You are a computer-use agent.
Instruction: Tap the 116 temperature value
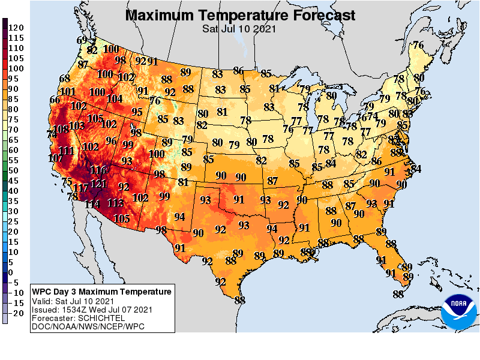pyautogui.click(x=98, y=170)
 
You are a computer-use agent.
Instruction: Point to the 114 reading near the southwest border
pyautogui.click(x=92, y=204)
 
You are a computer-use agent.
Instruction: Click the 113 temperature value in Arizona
pyautogui.click(x=115, y=203)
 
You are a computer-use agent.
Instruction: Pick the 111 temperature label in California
pyautogui.click(x=66, y=151)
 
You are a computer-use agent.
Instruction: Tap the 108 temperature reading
pyautogui.click(x=61, y=128)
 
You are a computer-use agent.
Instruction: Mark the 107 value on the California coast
pyautogui.click(x=55, y=158)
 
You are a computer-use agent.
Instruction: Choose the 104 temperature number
pyautogui.click(x=114, y=98)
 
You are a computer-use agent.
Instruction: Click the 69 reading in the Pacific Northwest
pyautogui.click(x=82, y=40)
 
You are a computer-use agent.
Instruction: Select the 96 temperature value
pyautogui.click(x=111, y=141)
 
